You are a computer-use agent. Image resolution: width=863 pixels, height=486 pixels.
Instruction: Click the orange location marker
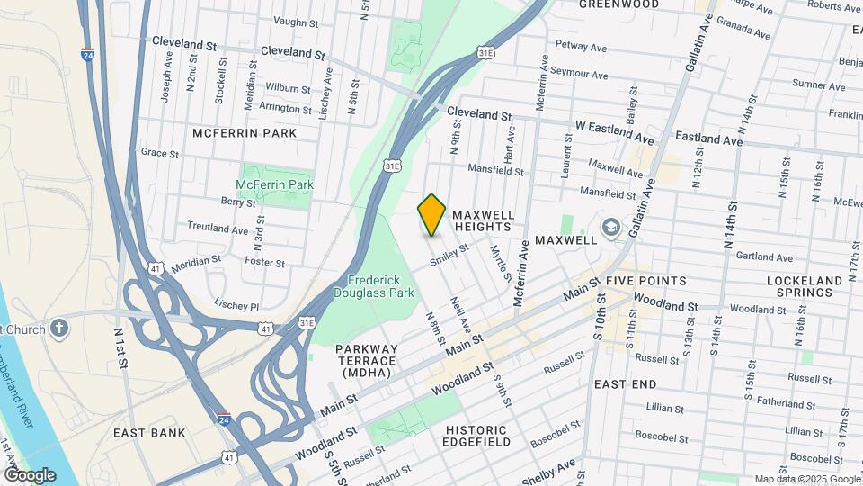point(431,214)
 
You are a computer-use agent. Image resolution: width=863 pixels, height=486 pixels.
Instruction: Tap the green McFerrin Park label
point(274,184)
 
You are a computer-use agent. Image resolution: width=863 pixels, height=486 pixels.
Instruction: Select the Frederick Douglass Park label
point(374,286)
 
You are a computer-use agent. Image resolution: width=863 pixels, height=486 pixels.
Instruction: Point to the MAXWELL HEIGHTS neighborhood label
point(484,221)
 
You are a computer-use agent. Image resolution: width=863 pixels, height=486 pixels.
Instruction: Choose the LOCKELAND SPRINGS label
point(805,286)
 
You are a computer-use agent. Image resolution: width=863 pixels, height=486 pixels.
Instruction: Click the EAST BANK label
point(149,433)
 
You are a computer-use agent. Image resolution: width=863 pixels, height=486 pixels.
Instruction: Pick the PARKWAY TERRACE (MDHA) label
point(366,360)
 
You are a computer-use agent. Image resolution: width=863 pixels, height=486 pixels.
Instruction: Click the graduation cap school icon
point(611,227)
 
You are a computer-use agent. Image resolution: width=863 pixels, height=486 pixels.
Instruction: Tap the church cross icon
point(60,328)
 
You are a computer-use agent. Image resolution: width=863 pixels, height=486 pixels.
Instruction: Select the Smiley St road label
point(449,255)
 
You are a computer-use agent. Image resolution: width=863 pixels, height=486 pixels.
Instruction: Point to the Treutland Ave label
point(218,229)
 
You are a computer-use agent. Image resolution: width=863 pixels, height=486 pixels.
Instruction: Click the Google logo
point(29,474)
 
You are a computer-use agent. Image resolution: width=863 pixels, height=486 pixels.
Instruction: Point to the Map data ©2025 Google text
point(806,479)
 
